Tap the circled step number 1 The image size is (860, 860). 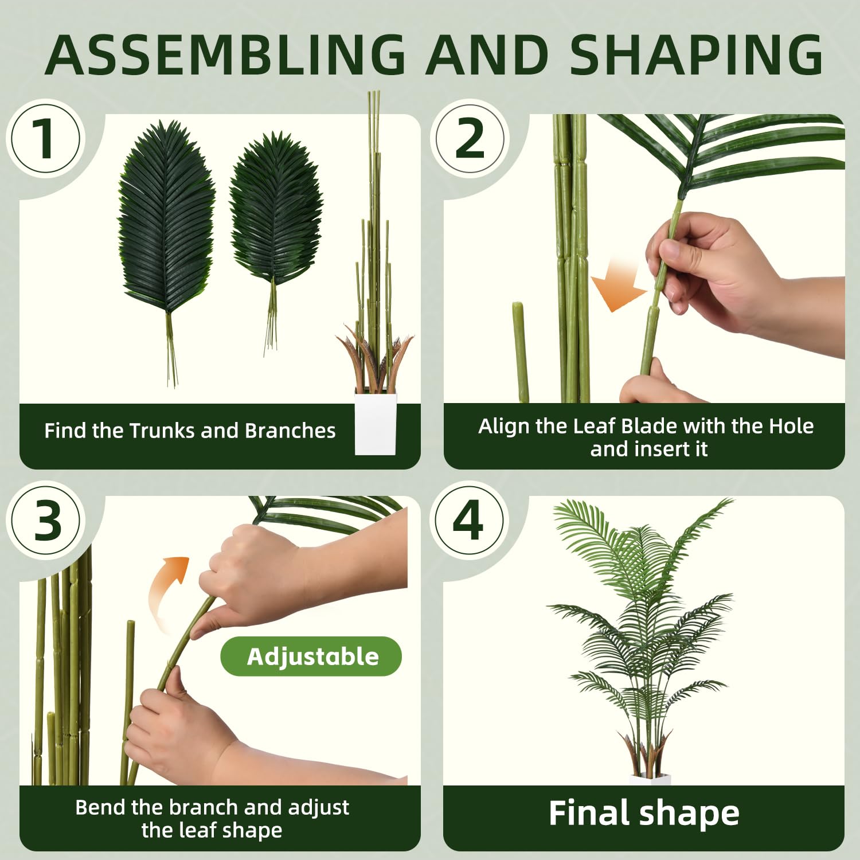pyautogui.click(x=45, y=138)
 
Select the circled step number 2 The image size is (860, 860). pyautogui.click(x=470, y=138)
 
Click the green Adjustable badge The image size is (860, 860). pyautogui.click(x=311, y=656)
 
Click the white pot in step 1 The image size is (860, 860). pyautogui.click(x=376, y=423)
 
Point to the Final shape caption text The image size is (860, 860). pyautogui.click(x=644, y=814)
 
